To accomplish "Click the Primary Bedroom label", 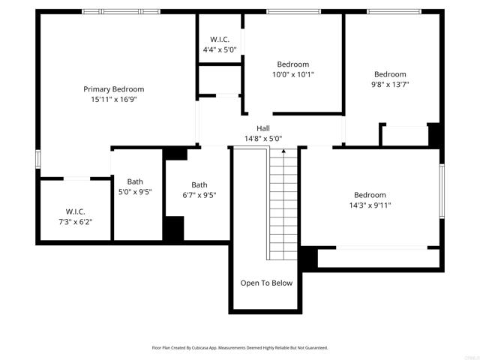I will pos(113,89).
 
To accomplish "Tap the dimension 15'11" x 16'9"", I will pos(113,99).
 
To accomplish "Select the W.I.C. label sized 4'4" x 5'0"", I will pos(219,40).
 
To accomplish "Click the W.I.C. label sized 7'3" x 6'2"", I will pos(76,211).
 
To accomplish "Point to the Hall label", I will pos(263,128).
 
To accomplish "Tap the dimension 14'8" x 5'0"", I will pos(263,138).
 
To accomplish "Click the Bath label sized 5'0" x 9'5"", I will pos(135,181).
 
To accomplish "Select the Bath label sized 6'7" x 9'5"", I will pos(199,185).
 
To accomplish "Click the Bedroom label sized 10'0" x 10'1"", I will pos(292,64).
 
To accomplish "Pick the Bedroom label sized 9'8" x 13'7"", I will pos(390,74).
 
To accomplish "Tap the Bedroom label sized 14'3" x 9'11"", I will pos(370,195).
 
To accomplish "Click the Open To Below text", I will pos(266,283).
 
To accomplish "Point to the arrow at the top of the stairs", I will pos(283,153).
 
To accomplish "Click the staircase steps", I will pos(283,210).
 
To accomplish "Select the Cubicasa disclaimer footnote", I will pos(240,348).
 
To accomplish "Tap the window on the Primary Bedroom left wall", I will pos(37,162).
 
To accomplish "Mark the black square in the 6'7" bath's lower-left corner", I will pos(174,228).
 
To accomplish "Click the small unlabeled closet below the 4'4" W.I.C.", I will pos(219,79).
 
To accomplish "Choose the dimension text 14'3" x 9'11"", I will pos(370,205).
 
